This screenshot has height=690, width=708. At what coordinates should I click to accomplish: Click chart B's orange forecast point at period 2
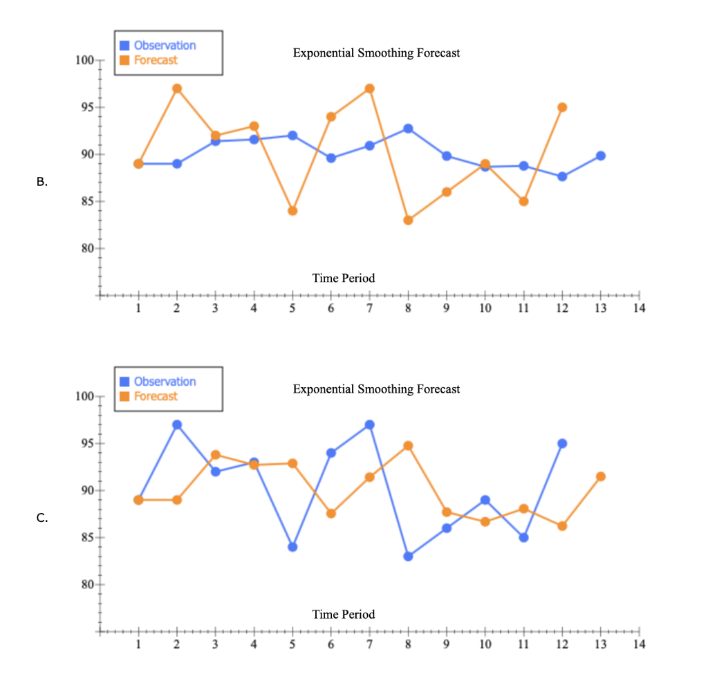click(177, 88)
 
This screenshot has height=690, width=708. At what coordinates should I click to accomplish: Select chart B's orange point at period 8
click(408, 221)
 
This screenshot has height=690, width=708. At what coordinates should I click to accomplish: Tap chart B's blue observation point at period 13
click(601, 156)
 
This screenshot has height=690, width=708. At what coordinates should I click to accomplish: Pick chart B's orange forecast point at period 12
click(562, 107)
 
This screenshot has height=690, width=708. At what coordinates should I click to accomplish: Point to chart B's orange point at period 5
click(292, 211)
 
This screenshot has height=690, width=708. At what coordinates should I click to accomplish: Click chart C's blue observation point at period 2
click(177, 425)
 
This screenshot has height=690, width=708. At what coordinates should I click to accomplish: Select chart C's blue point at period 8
click(408, 556)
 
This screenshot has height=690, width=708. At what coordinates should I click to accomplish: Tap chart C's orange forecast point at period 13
click(601, 476)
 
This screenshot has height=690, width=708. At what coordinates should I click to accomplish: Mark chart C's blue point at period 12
click(562, 443)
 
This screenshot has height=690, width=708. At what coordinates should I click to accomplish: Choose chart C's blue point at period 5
click(292, 547)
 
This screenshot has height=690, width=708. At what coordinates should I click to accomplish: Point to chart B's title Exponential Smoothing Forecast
click(376, 53)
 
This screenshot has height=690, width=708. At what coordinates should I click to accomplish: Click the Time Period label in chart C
click(344, 615)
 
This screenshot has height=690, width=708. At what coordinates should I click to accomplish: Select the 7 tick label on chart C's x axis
click(369, 645)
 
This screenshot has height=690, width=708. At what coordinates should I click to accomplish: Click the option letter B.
click(42, 183)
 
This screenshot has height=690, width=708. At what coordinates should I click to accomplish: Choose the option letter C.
click(42, 519)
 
